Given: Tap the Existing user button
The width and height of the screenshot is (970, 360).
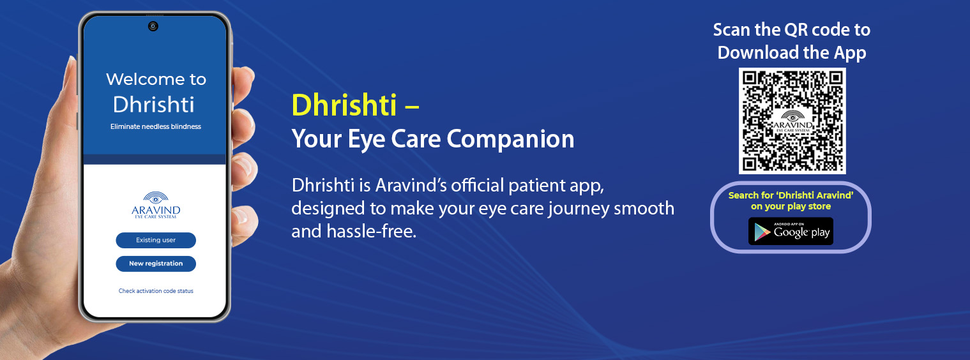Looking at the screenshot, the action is tap(156, 240).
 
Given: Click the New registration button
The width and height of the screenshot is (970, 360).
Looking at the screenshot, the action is tap(156, 264).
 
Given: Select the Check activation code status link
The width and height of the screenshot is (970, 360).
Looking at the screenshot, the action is tap(156, 291).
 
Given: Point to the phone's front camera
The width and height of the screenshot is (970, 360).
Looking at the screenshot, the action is tap(153, 26).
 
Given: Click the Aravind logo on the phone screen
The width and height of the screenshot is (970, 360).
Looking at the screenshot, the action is tap(156, 205).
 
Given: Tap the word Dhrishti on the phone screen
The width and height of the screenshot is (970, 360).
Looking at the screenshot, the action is tap(154, 105).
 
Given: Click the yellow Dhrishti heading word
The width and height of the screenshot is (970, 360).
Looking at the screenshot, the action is tap(344, 105).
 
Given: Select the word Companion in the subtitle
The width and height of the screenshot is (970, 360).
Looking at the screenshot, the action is tap(511, 139).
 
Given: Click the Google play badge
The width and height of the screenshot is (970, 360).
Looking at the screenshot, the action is tap(791, 231).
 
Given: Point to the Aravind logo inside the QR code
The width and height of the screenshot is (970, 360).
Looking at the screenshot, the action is tap(792, 121).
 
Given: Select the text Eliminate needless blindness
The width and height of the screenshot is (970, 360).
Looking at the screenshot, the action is tap(156, 127).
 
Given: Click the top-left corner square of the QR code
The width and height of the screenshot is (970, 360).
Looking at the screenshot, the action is tap(750, 79).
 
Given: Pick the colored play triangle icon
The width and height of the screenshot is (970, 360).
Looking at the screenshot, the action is tap(762, 232).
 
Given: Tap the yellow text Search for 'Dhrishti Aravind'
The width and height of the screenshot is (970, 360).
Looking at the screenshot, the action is tap(791, 195).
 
